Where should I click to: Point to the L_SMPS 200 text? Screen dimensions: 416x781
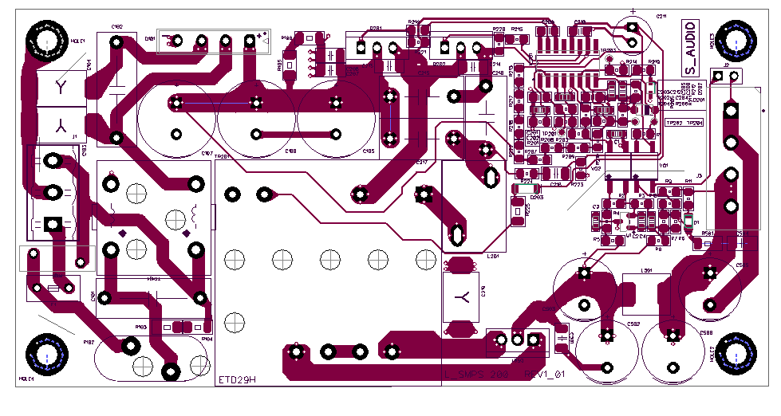tap(476, 375)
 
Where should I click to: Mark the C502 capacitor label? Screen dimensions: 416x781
tap(633, 324)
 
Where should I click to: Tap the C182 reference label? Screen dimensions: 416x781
tap(116, 27)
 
